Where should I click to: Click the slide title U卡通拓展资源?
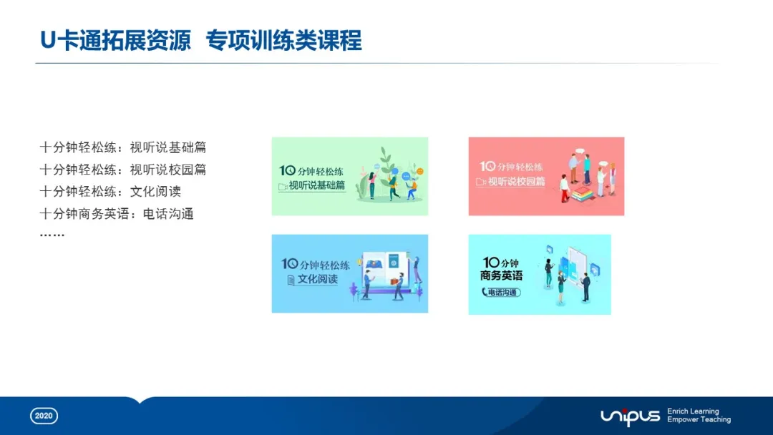(115, 41)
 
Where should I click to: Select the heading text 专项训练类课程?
(284, 41)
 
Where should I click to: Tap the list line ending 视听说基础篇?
(123, 148)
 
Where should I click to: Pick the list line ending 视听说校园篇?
(123, 170)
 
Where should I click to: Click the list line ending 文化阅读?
(110, 192)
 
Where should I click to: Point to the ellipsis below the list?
(52, 233)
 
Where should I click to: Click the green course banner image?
(349, 176)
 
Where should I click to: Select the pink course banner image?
(546, 176)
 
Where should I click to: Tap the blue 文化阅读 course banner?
(349, 273)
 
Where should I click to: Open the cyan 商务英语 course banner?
(540, 274)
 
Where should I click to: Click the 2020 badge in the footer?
(44, 416)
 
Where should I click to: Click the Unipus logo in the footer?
(630, 416)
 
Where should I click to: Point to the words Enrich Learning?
(693, 411)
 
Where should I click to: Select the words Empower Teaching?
(699, 420)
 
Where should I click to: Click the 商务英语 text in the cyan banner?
(501, 275)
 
